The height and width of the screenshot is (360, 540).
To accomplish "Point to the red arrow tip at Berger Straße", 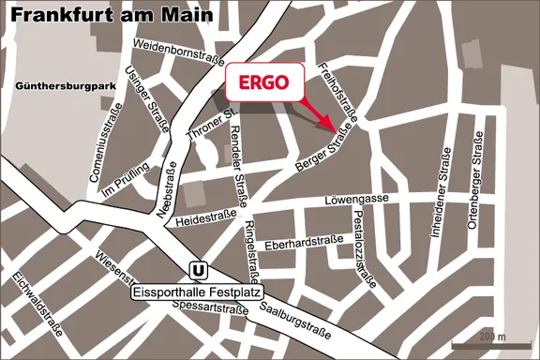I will click(333, 129).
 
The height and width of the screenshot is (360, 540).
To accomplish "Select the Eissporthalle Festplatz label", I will click(195, 292).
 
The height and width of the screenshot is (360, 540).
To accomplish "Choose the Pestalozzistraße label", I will click(365, 248).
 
